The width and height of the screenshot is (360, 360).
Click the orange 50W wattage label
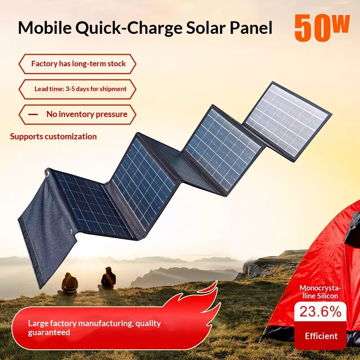click(322, 28)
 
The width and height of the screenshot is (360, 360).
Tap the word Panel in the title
click(251, 27)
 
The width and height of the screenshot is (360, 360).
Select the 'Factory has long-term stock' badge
click(77, 64)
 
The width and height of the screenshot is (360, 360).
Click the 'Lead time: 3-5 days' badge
click(77, 89)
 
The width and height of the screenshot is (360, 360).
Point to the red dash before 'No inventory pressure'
click(33, 114)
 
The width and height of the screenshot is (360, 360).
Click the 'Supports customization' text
click(53, 137)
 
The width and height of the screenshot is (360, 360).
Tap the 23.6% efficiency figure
click(320, 312)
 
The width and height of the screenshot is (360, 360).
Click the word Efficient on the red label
click(321, 336)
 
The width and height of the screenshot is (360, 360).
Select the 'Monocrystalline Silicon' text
click(320, 292)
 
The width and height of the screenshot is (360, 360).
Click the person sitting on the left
click(68, 284)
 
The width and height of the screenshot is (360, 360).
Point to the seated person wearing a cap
click(107, 279)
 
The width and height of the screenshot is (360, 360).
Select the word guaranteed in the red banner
click(49, 333)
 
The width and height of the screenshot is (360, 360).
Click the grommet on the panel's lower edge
click(72, 232)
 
